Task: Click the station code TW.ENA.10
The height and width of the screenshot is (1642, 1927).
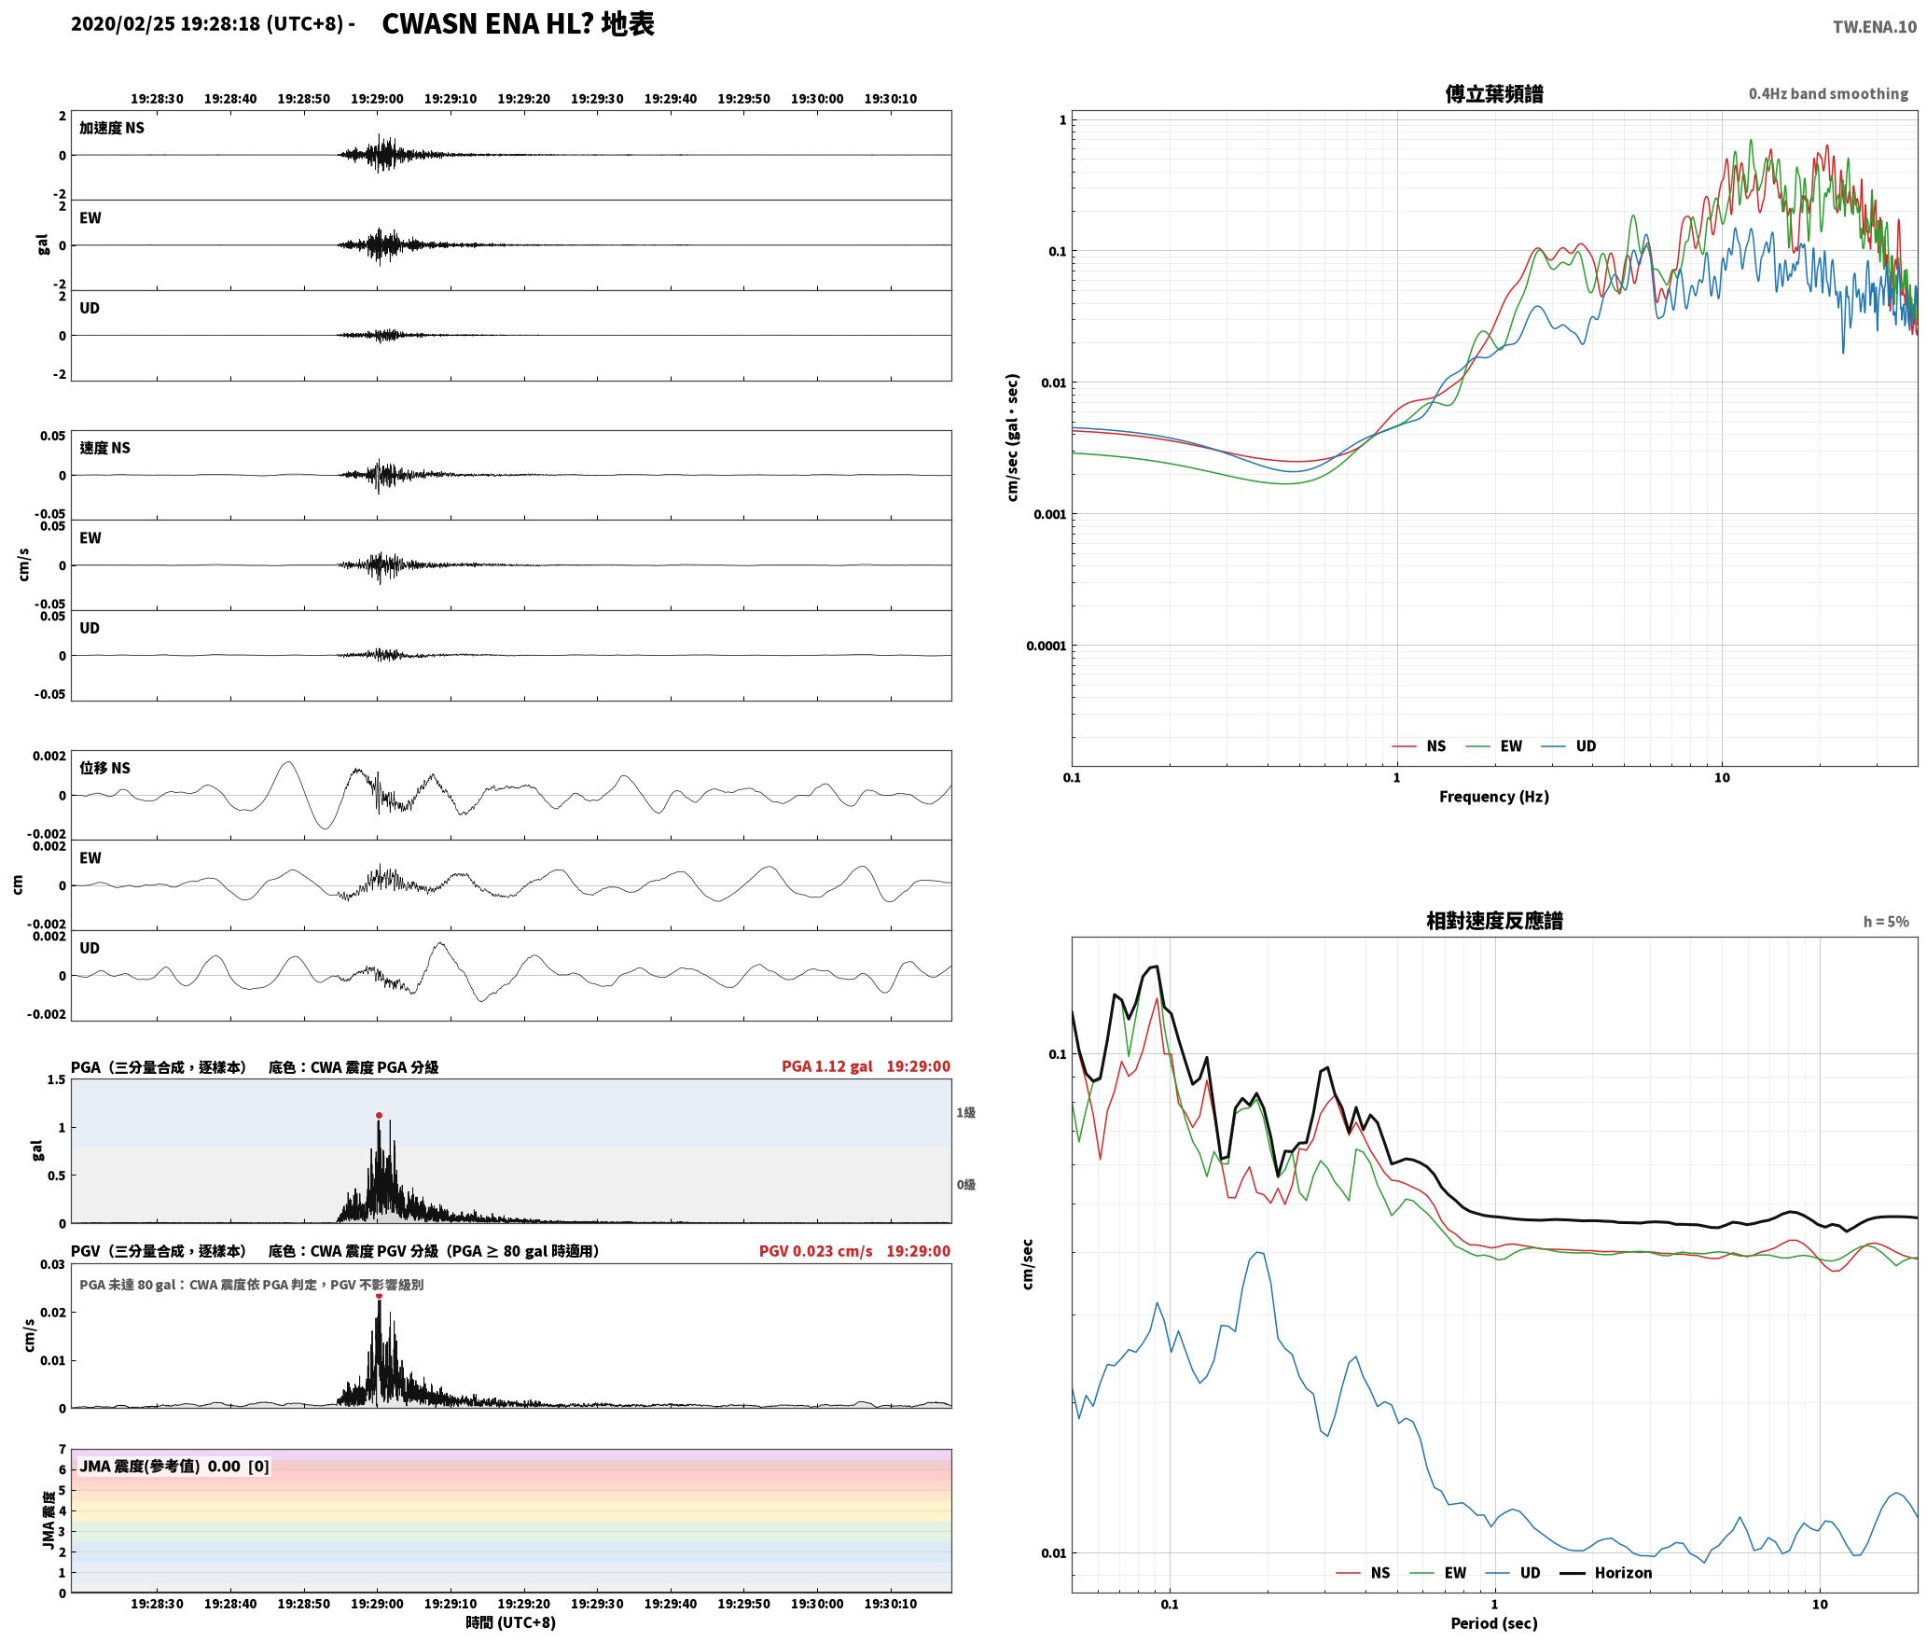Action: click(x=1875, y=27)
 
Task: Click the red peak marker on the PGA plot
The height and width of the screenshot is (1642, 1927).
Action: click(x=379, y=1115)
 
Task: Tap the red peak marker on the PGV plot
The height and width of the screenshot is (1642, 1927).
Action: click(x=379, y=1296)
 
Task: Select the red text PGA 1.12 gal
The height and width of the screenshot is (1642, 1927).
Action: click(x=827, y=1066)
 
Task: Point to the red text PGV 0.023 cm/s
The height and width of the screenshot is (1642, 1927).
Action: click(x=816, y=1251)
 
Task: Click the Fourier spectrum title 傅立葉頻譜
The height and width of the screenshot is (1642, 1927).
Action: click(x=1494, y=93)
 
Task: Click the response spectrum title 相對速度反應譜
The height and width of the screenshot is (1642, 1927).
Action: click(x=1494, y=921)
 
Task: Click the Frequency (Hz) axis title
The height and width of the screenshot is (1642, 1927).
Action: click(x=1494, y=796)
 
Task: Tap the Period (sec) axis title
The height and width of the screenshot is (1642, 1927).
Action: click(x=1494, y=1623)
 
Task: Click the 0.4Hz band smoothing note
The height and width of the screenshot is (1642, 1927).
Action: click(x=1828, y=93)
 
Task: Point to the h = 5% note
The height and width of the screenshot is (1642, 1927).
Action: click(x=1886, y=922)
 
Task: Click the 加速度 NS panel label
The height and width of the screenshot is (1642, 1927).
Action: click(x=112, y=128)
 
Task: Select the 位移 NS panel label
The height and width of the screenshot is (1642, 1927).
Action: click(x=104, y=768)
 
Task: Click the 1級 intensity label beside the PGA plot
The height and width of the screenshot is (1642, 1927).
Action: click(x=965, y=1112)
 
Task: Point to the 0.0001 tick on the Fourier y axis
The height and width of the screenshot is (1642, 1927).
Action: click(x=1045, y=646)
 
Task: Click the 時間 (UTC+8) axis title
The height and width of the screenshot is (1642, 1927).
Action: click(x=511, y=1622)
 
